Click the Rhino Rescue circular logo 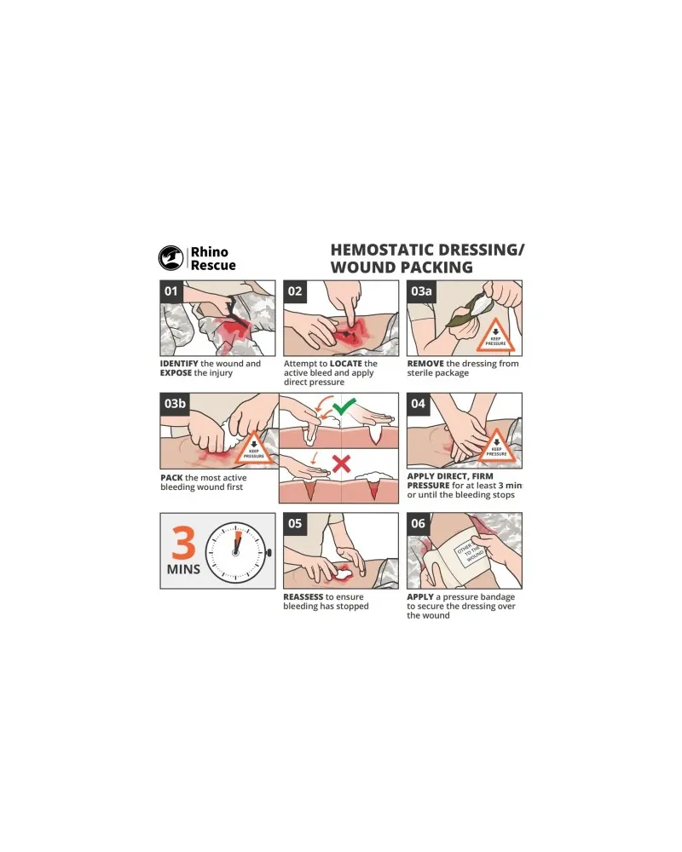(170, 258)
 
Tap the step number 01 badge (171, 291)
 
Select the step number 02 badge (295, 291)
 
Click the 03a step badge (421, 291)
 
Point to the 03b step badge (175, 404)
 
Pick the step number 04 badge (419, 404)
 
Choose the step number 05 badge (295, 524)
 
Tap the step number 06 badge (419, 524)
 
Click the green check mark (344, 406)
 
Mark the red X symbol (341, 464)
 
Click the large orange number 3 (184, 543)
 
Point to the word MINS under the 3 (184, 569)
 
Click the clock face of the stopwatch (236, 552)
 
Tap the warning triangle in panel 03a (495, 336)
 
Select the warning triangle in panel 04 (496, 446)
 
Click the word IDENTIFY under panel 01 (179, 364)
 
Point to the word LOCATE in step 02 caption (346, 364)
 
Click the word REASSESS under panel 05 (303, 596)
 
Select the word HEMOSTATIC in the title (385, 250)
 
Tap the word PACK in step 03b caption (171, 478)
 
